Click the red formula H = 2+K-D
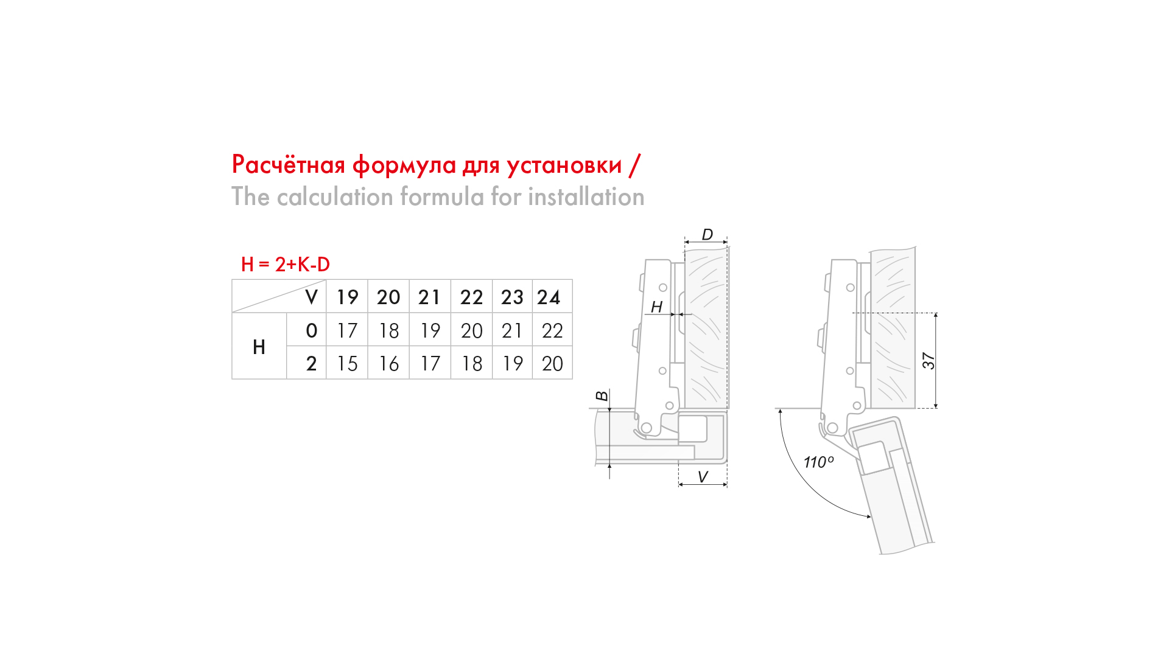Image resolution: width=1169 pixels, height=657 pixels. click(x=286, y=264)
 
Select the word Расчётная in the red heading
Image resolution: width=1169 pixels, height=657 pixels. click(x=289, y=165)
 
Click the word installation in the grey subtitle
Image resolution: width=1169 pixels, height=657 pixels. click(x=586, y=196)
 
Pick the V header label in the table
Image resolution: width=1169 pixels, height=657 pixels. click(x=311, y=297)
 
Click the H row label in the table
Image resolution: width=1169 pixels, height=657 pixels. click(x=259, y=347)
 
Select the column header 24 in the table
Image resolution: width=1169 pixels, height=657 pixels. click(x=549, y=297)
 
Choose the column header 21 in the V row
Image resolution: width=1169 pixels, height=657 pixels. click(x=429, y=297)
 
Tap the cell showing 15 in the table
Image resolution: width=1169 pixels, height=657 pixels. click(x=347, y=363)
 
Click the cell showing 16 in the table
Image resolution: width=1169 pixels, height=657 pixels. click(x=389, y=363)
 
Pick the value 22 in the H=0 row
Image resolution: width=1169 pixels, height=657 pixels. click(x=552, y=330)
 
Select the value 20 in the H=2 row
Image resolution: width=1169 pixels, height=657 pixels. click(x=552, y=363)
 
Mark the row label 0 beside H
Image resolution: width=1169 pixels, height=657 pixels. click(x=311, y=330)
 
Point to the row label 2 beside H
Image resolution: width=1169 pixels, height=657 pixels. click(x=311, y=363)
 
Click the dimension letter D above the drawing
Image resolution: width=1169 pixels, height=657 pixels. click(x=707, y=234)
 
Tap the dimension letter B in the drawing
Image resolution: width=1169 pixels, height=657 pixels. click(x=602, y=396)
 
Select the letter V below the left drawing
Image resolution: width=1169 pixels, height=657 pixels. click(x=703, y=477)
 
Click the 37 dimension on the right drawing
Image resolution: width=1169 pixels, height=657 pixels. click(x=928, y=361)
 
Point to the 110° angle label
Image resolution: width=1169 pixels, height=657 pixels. click(x=819, y=462)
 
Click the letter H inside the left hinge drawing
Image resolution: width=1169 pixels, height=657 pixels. click(x=656, y=307)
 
